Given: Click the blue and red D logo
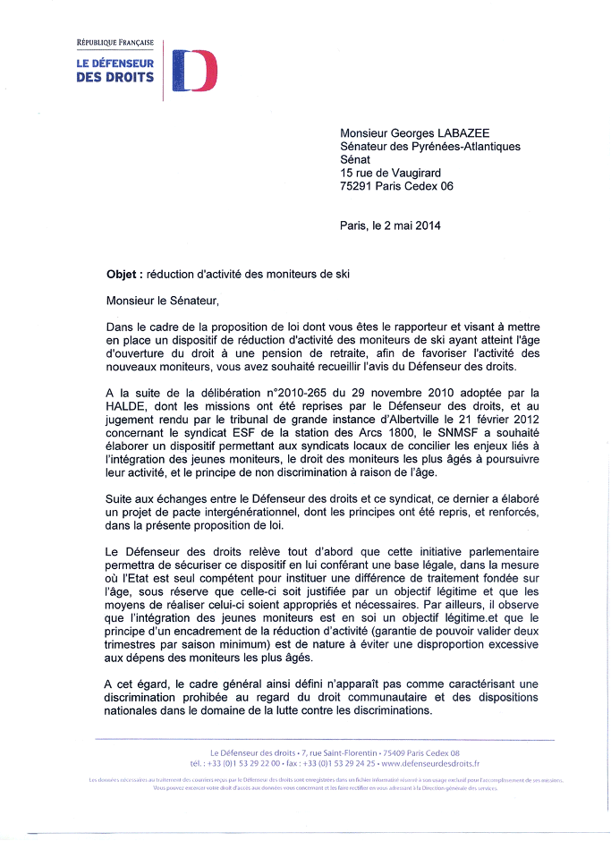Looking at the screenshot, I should coord(194,70).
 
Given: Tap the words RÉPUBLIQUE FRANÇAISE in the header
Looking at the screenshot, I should coord(115,42).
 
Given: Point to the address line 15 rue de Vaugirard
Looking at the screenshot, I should coord(390,173).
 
